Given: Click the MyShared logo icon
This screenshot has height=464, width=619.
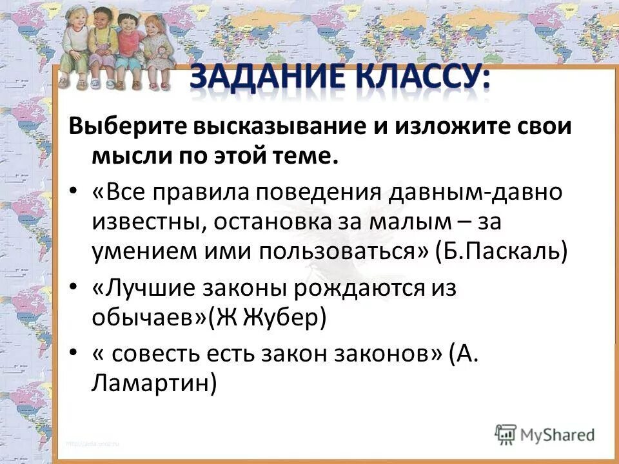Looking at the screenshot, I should [x=506, y=434].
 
